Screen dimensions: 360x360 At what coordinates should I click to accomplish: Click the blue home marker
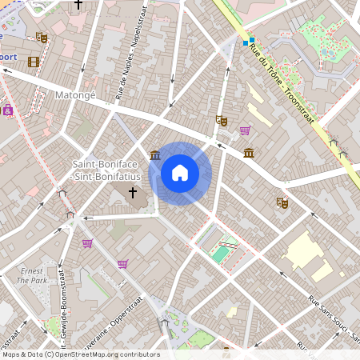pos(180,173)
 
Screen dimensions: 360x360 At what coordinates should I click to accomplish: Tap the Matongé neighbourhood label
pos(75,94)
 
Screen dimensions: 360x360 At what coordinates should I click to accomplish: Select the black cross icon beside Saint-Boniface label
pos(133,192)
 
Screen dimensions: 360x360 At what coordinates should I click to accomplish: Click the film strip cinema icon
pos(33,62)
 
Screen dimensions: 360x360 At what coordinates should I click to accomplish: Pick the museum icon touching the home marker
pos(154,154)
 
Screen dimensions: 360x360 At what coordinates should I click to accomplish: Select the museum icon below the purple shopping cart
pos(249,154)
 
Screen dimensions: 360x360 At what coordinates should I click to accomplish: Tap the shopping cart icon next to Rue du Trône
pos(245,130)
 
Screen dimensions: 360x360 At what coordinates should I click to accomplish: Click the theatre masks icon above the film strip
pos(42,37)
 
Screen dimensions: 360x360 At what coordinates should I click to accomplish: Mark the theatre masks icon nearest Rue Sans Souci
pos(281,203)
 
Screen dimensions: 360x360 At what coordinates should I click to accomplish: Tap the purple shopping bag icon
pos(8,110)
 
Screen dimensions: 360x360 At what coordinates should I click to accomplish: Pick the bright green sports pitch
pos(219,254)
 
